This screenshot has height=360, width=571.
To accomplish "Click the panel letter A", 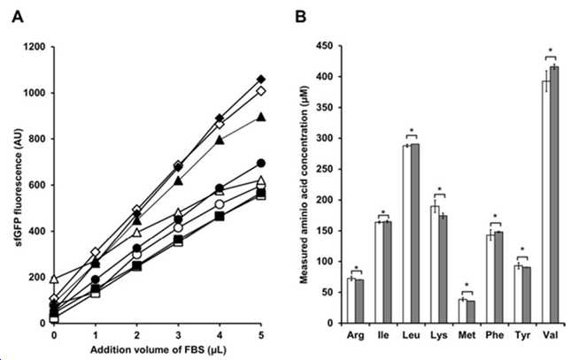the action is pyautogui.click(x=18, y=17).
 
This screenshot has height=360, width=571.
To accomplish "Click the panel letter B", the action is pyautogui.click(x=300, y=17).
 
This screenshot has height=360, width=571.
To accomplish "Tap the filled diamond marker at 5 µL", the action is pyautogui.click(x=261, y=80).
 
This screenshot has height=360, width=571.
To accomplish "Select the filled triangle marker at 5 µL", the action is pyautogui.click(x=261, y=117).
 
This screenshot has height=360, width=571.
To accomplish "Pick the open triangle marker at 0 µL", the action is pyautogui.click(x=54, y=280).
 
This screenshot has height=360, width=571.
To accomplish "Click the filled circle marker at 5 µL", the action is pyautogui.click(x=261, y=164).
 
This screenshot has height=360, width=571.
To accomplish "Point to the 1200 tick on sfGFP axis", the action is pyautogui.click(x=35, y=47).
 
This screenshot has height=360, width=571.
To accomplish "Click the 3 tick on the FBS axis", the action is pyautogui.click(x=178, y=335).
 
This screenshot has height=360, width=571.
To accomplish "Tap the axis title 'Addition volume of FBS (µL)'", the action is pyautogui.click(x=158, y=350).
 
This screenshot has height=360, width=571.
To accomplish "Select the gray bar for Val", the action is pyautogui.click(x=554, y=195).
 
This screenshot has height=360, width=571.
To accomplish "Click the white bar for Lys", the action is pyautogui.click(x=435, y=264).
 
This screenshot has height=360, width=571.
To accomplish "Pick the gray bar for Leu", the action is pyautogui.click(x=415, y=234).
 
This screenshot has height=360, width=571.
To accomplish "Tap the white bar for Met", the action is pyautogui.click(x=462, y=311).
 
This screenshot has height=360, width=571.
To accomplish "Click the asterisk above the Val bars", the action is pyautogui.click(x=551, y=50).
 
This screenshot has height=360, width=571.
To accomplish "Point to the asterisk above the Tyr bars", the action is pyautogui.click(x=522, y=250).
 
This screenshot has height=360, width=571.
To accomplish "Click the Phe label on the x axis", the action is pyautogui.click(x=495, y=335).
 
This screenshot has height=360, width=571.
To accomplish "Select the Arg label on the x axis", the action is pyautogui.click(x=355, y=335).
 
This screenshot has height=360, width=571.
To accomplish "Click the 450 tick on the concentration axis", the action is pyautogui.click(x=324, y=46).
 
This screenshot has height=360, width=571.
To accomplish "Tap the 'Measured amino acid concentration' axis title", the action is pyautogui.click(x=305, y=185).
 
